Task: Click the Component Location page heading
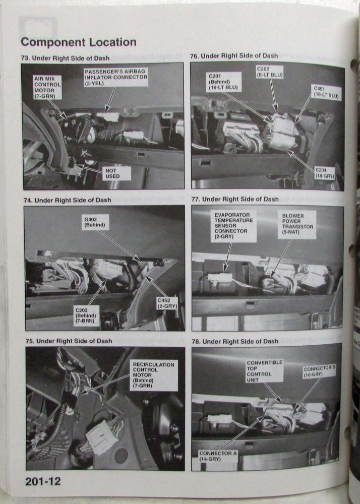[79, 42]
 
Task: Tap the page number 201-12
[43, 481]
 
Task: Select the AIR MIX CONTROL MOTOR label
[47, 87]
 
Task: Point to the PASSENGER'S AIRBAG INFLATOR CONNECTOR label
[116, 77]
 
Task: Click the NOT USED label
[116, 173]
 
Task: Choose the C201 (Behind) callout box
[223, 82]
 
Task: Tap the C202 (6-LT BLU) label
[270, 72]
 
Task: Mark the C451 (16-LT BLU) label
[326, 92]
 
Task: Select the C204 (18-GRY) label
[324, 173]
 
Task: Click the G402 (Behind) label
[95, 222]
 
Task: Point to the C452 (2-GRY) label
[167, 303]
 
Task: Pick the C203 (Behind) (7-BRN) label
[86, 316]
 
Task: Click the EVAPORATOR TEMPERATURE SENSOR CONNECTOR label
[233, 226]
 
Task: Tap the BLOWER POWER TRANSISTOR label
[297, 224]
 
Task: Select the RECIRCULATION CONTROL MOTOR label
[153, 375]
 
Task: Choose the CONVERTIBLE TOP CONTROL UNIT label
[265, 371]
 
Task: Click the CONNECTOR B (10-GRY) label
[320, 371]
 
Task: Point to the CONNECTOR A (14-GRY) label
[218, 456]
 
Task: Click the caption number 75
[30, 341]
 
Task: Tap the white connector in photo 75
[101, 436]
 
